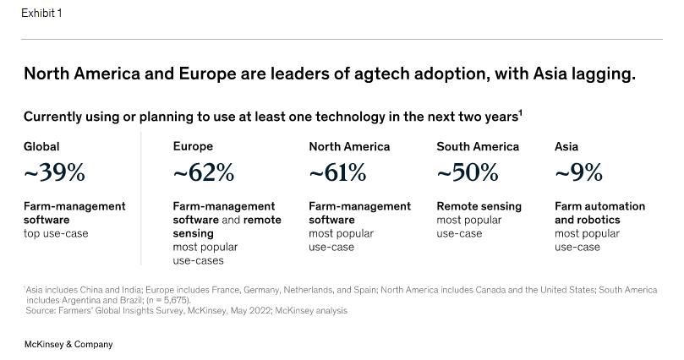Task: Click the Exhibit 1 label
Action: point(41,14)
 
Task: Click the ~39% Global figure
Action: point(54,173)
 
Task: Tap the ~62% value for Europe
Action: point(204,173)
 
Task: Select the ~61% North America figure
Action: point(337,173)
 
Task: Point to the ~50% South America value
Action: point(468,173)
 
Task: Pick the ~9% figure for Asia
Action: point(578,173)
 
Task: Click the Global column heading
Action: point(41,146)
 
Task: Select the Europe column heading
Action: point(193,146)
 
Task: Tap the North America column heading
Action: point(349,146)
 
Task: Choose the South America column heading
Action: point(478,146)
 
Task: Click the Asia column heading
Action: point(566,146)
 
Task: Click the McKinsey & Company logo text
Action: point(68,345)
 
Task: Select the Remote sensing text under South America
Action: point(479,206)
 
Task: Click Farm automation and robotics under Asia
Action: point(599,213)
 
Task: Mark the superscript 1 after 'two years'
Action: point(520,112)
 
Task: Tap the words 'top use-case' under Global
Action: point(56,233)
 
